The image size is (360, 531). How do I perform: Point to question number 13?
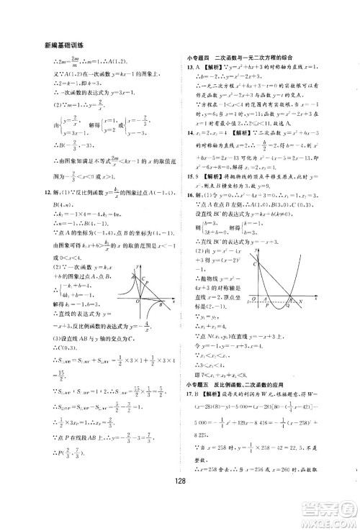[188, 67]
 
